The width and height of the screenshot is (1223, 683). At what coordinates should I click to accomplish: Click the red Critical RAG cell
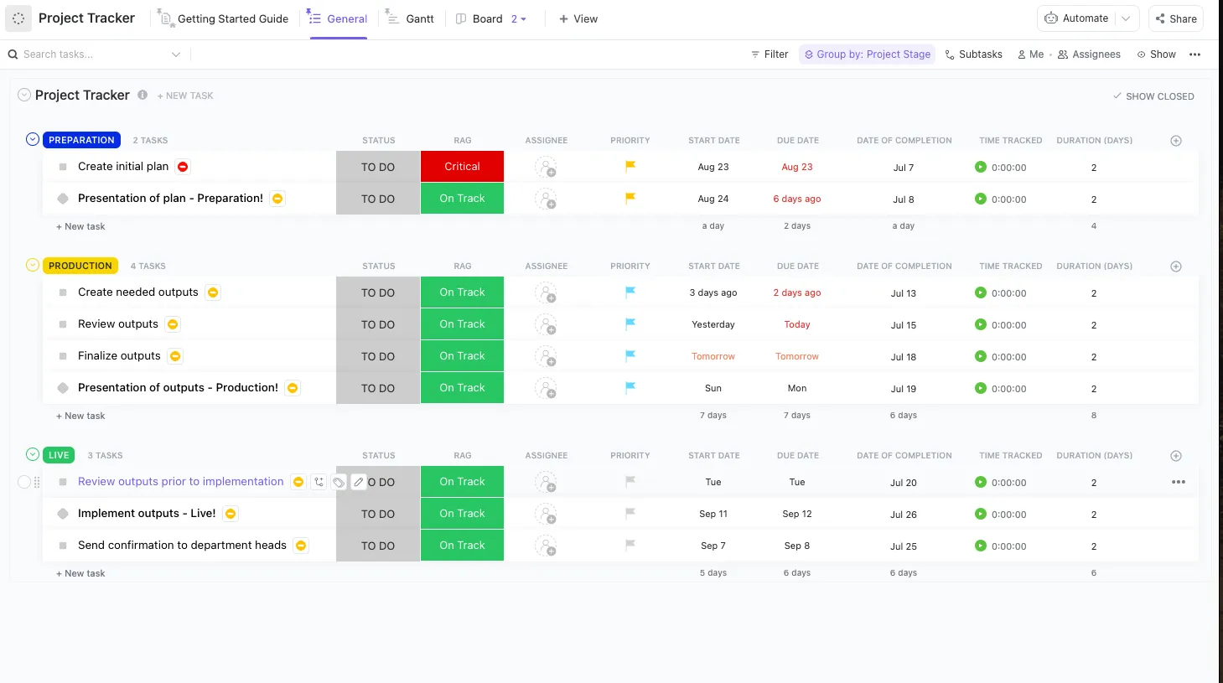tap(462, 167)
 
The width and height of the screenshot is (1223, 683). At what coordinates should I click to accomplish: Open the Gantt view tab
tap(410, 18)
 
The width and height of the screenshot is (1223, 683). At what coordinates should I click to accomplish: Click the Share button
tap(1176, 18)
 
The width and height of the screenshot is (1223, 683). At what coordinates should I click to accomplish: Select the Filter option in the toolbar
tap(770, 54)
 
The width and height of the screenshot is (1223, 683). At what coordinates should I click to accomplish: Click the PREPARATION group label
tap(81, 140)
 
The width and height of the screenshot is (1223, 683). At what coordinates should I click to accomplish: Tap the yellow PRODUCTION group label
tap(80, 266)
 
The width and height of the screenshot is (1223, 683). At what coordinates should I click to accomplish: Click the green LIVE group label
tap(59, 455)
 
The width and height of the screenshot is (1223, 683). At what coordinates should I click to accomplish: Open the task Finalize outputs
tap(119, 356)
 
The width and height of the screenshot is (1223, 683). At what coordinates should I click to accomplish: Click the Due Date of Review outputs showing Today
tap(797, 324)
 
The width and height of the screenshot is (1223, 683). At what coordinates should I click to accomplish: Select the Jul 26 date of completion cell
tap(904, 515)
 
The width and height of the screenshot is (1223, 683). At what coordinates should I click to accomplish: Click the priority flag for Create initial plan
tap(630, 166)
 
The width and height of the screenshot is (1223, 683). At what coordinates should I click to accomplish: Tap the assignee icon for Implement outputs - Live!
tap(546, 515)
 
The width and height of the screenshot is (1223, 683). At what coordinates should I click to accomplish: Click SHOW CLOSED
tap(1153, 96)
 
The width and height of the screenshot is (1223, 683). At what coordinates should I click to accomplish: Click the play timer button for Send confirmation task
tap(981, 546)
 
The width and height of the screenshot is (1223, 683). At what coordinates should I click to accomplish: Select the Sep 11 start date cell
tap(713, 514)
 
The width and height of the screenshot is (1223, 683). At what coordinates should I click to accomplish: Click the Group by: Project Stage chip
tap(867, 54)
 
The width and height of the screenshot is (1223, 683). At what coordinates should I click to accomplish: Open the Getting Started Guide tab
tap(223, 18)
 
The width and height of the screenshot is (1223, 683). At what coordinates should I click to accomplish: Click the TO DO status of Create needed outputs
tap(378, 292)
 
